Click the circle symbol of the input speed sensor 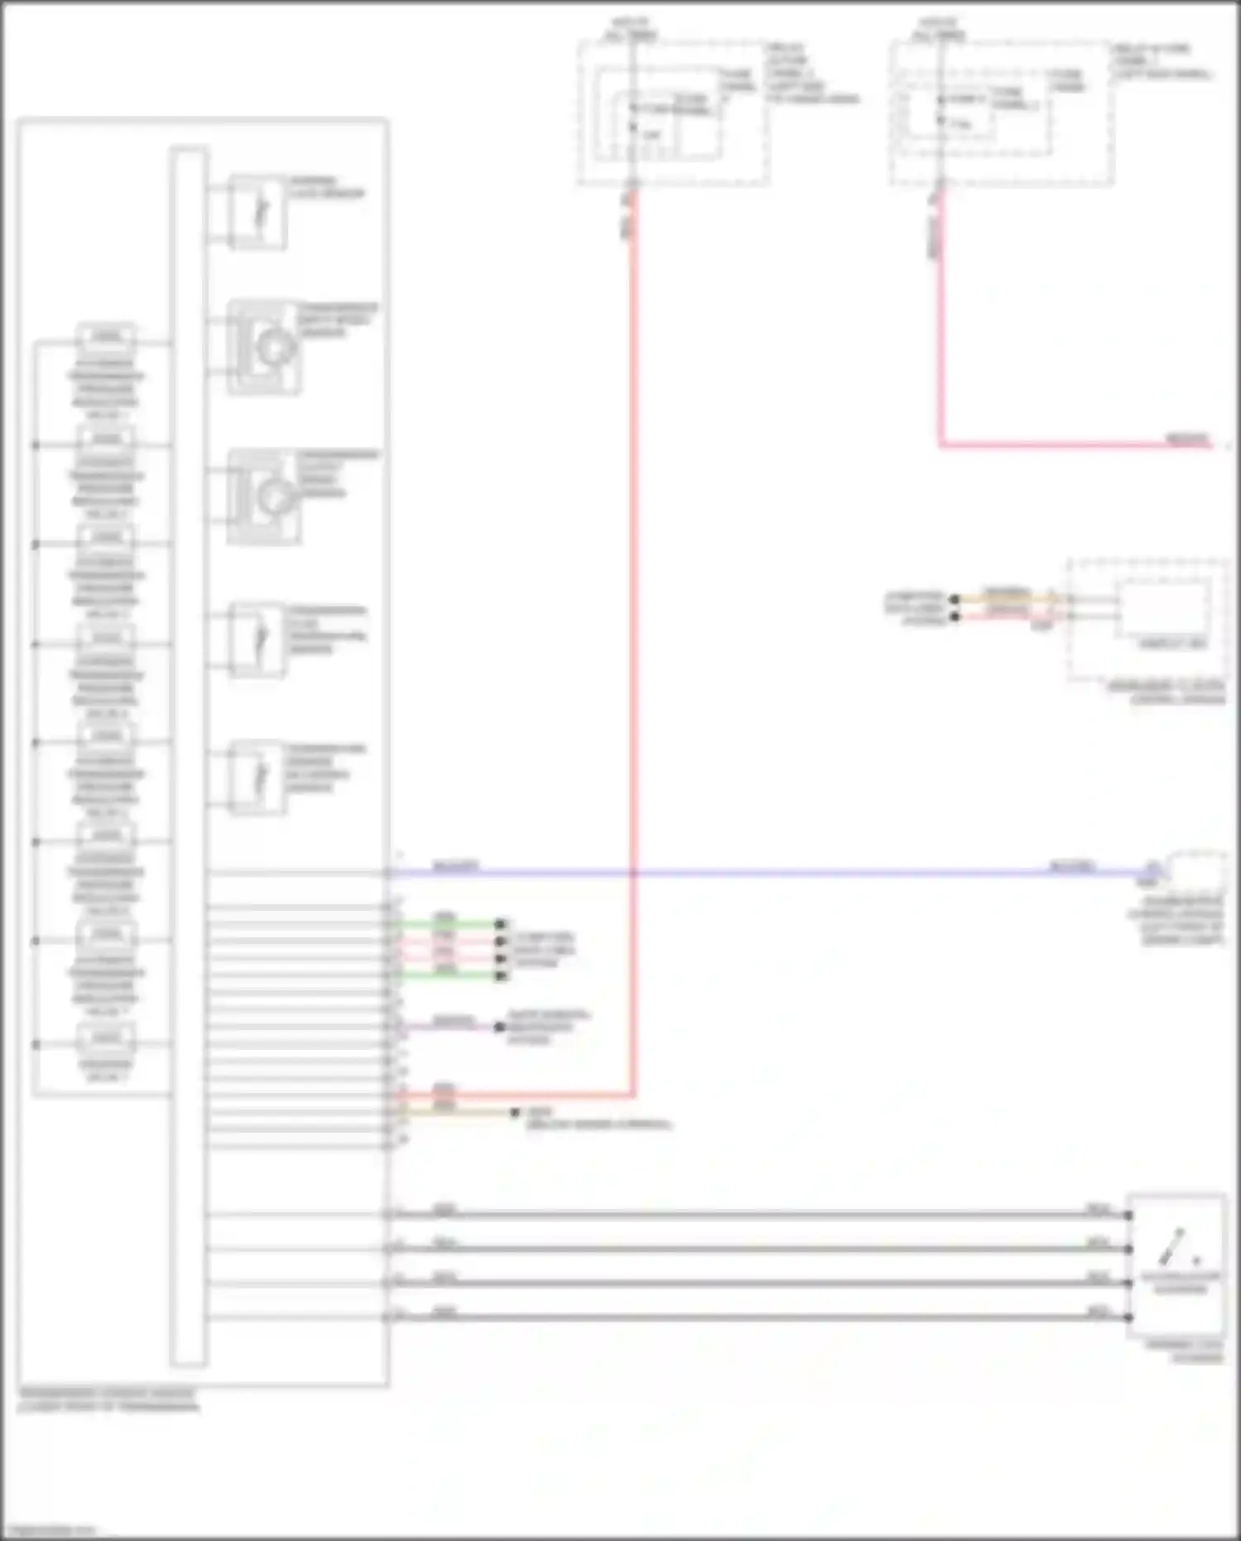272,348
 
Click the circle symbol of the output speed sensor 272,497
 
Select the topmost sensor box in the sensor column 257,212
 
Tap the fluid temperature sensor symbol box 257,639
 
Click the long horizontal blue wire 745,873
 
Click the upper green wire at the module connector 447,924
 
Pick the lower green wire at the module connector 447,975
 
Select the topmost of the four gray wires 745,1215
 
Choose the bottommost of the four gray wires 745,1317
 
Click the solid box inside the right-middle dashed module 1162,609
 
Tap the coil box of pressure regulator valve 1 106,337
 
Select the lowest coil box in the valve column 106,1038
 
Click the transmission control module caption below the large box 108,1399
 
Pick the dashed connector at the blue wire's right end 1195,869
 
